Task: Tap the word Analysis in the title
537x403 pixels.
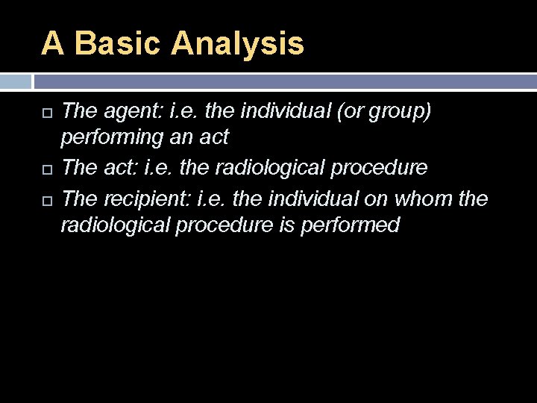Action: pos(237,43)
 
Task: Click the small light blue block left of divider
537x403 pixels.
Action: pos(15,81)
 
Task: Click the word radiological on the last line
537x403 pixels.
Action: pos(118,225)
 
